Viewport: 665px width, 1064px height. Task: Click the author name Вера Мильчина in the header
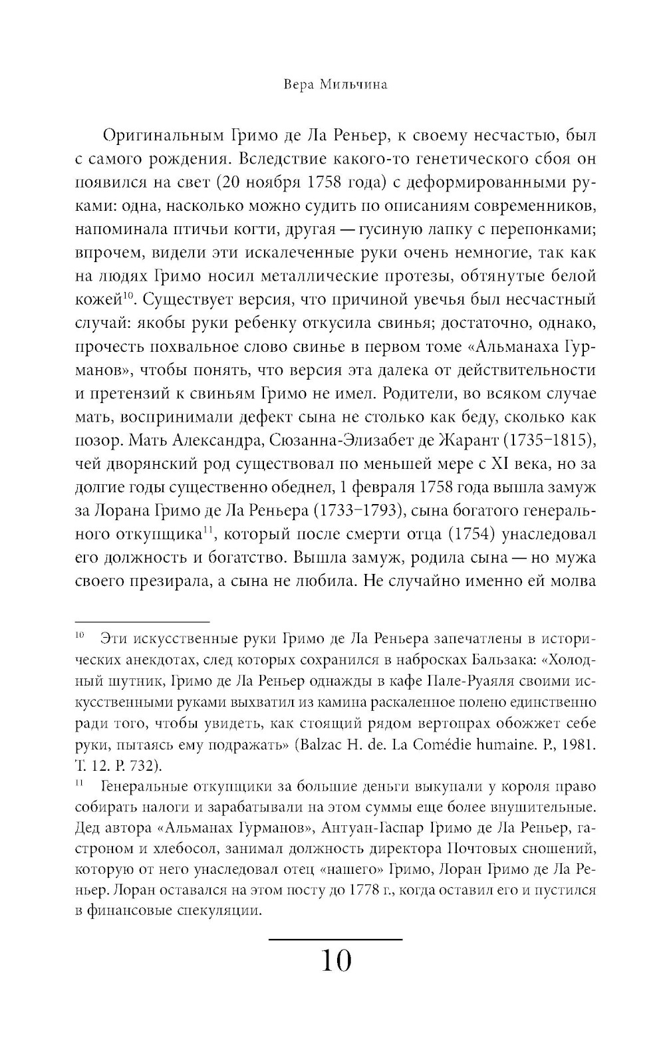tap(335, 85)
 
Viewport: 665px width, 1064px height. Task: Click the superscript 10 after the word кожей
tap(129, 295)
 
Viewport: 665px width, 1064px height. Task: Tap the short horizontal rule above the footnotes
tap(141, 618)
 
